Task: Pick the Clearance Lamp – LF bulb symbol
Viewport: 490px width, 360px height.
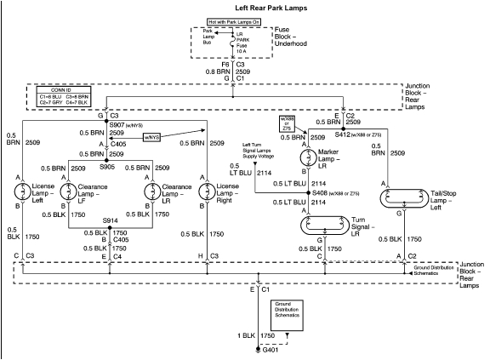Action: pyautogui.click(x=69, y=192)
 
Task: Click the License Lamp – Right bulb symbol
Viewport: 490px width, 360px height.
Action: pyautogui.click(x=207, y=192)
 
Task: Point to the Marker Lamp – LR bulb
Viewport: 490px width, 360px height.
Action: pyautogui.click(x=306, y=157)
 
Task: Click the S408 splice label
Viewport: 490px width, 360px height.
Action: pyautogui.click(x=319, y=194)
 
